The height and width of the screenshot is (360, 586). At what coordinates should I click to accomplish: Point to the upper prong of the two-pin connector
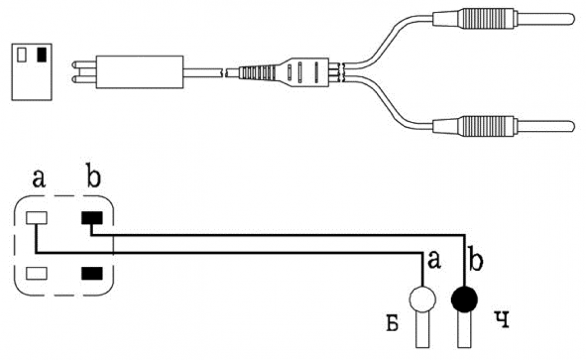(83, 64)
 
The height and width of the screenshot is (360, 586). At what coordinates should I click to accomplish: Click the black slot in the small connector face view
(42, 55)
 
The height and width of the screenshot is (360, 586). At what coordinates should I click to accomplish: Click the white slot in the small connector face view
(22, 55)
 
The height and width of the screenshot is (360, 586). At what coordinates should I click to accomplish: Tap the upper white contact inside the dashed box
(36, 218)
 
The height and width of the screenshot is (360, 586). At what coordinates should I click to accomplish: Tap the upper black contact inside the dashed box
(92, 218)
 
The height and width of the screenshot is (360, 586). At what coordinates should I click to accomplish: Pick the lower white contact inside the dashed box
(36, 273)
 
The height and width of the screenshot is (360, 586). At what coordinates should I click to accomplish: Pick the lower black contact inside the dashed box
(92, 273)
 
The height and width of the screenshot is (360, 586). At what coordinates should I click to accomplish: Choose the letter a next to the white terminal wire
(434, 259)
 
